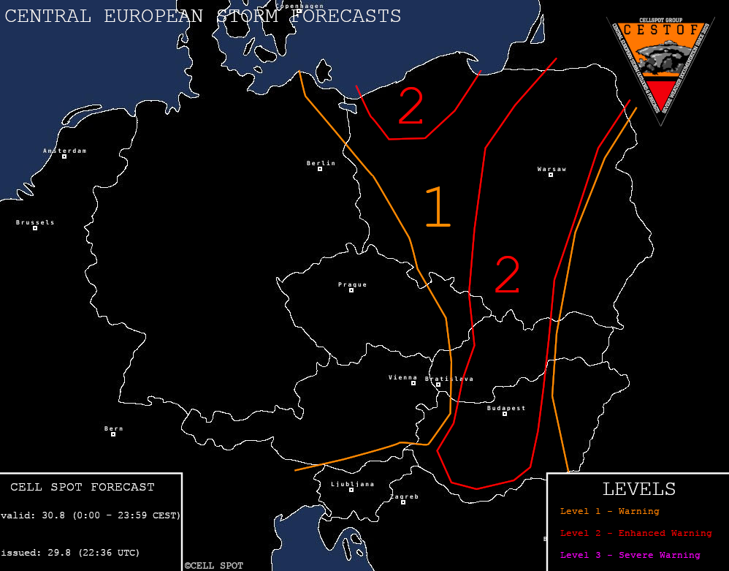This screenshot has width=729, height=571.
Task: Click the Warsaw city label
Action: (x=551, y=170)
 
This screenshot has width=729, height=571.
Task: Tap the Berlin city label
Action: (x=321, y=164)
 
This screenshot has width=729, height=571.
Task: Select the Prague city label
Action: (x=352, y=285)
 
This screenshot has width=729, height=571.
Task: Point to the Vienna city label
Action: (x=402, y=378)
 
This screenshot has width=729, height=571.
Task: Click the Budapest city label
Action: (x=506, y=408)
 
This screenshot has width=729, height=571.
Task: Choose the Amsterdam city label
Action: (x=64, y=151)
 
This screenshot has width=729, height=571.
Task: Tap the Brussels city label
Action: (x=35, y=222)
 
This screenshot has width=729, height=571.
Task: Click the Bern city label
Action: (x=113, y=429)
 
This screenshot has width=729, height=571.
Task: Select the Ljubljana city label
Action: (x=352, y=484)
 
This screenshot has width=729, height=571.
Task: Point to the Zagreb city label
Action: (x=404, y=497)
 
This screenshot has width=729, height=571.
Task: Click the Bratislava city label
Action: (x=449, y=379)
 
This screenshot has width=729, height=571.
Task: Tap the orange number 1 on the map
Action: (x=437, y=207)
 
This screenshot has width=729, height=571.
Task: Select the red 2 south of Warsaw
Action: (x=507, y=275)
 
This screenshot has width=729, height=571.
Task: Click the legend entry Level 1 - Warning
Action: (x=609, y=512)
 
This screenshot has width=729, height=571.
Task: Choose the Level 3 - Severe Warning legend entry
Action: (x=630, y=555)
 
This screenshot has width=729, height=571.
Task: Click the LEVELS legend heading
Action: (x=638, y=489)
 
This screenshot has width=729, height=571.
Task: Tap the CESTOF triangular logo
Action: (x=660, y=66)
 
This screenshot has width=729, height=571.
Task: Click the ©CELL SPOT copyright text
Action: (x=214, y=566)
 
